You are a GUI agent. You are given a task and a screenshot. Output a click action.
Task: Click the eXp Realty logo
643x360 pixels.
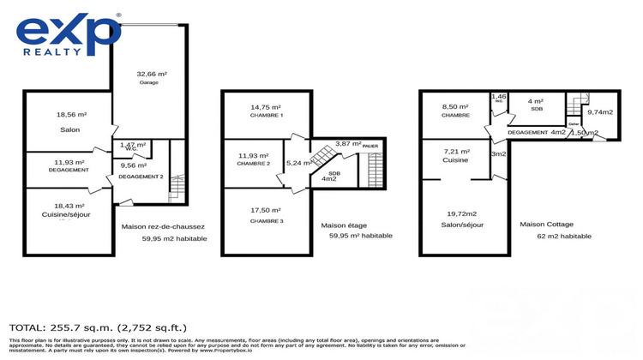point(68,33)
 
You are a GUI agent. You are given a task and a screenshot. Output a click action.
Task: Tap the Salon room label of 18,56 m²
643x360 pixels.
point(69,121)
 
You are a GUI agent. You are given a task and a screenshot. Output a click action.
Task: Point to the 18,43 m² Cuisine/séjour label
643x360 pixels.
point(69,211)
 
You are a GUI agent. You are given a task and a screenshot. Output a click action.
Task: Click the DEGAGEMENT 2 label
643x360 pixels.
point(140,176)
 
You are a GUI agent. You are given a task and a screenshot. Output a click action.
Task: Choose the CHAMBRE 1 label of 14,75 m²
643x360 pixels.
point(266,110)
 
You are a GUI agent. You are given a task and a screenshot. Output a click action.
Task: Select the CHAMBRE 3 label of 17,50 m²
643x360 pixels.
point(266,215)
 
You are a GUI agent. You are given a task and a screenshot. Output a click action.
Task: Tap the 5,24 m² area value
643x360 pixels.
point(299,163)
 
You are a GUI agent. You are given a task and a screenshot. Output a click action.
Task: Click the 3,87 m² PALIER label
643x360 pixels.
point(356,145)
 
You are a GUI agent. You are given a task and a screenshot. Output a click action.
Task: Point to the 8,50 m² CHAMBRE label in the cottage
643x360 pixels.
point(454,110)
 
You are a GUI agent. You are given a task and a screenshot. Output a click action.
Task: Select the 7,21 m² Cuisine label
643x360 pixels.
point(454,154)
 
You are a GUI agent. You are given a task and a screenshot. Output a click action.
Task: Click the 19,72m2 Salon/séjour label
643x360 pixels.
point(466,219)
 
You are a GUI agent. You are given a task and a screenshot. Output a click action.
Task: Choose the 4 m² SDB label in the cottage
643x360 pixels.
point(536,105)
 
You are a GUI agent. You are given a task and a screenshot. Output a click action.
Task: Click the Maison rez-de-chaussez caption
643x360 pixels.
point(164,226)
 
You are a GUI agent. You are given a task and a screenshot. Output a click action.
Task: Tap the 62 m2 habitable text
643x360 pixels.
point(564,236)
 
